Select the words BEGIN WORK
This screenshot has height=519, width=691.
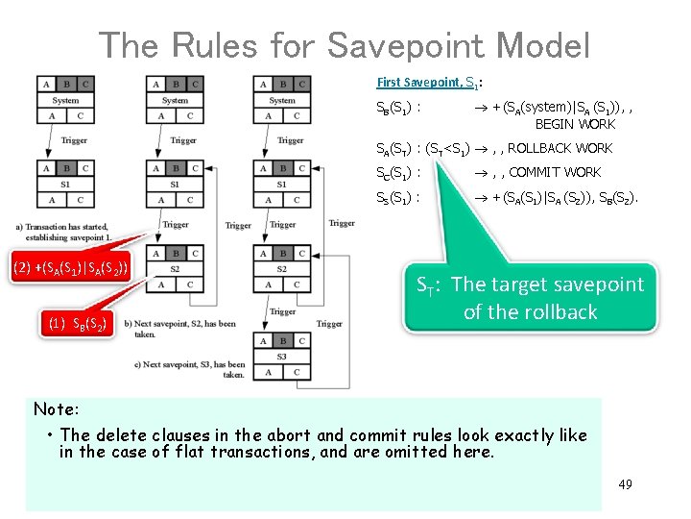point(575,124)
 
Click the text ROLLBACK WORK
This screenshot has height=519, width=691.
point(560,148)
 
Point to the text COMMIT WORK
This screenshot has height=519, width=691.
point(556,172)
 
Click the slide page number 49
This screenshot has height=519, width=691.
point(625,484)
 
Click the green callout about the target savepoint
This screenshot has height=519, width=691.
point(530,298)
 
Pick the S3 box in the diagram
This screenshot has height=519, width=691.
point(282,356)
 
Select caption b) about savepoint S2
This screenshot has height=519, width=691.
point(186,329)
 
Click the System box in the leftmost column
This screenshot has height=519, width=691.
point(66,100)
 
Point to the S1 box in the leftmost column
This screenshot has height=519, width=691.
point(66,184)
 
